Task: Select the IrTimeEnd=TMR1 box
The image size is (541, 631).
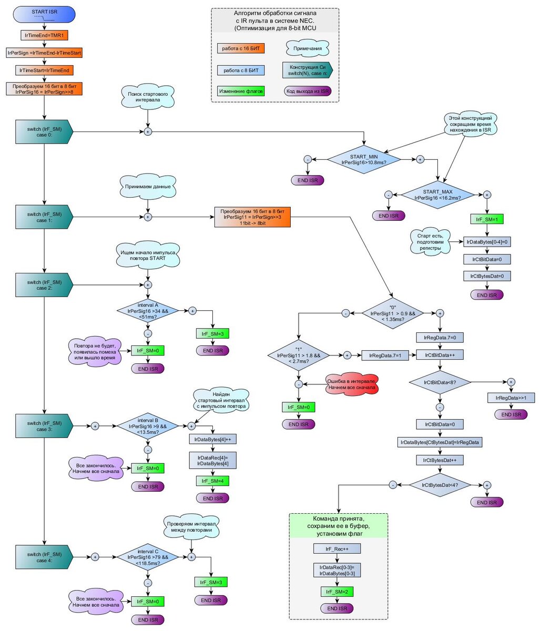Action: point(44,36)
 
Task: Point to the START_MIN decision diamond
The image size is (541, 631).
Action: point(363,159)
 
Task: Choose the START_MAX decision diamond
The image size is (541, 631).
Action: point(437,195)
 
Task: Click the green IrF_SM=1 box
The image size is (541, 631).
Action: point(487,219)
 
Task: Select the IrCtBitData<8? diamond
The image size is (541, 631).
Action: point(440,382)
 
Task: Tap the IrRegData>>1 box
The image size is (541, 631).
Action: point(511,398)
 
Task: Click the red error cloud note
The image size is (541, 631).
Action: point(351,385)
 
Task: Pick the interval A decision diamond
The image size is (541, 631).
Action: point(147,311)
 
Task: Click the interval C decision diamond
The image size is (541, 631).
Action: point(147,557)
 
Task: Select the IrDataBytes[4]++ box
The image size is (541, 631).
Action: point(212,439)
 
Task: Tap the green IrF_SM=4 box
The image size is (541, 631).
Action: point(212,481)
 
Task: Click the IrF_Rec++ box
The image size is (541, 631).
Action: point(337,548)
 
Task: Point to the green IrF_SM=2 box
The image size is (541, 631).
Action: point(337,592)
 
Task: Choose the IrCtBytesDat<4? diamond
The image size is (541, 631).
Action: point(440,485)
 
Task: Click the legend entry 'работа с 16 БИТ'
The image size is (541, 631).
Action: point(241,49)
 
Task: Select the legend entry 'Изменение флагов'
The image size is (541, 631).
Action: point(241,91)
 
